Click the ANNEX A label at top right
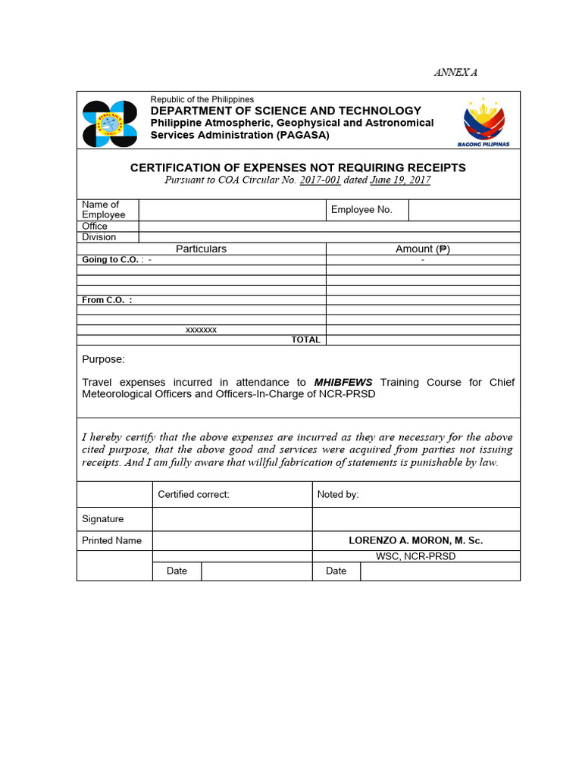455,73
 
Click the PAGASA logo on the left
110,124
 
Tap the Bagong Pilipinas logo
483,121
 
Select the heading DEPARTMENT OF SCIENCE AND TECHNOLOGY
286,111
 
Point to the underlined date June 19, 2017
400,180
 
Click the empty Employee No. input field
464,210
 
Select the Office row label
95,226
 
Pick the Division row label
99,237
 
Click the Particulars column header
201,249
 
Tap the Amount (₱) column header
422,249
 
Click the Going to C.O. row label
111,260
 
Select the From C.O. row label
107,300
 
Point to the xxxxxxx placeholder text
202,330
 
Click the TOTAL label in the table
305,340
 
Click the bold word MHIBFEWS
343,383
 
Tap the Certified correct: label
193,495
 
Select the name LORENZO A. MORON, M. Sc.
415,540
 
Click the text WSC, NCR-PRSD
415,556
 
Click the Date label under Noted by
336,571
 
